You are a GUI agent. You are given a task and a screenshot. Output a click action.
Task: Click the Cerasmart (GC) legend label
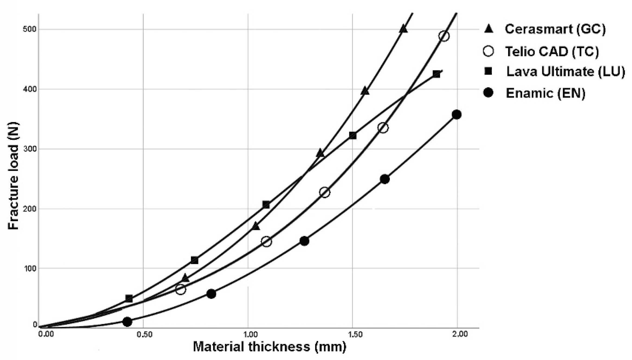pyautogui.click(x=555, y=29)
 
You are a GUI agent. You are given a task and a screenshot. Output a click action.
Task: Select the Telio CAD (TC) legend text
pyautogui.click(x=552, y=51)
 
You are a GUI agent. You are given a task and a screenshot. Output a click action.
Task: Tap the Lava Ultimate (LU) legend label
pyautogui.click(x=566, y=72)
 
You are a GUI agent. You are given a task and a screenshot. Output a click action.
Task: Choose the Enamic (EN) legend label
pyautogui.click(x=546, y=93)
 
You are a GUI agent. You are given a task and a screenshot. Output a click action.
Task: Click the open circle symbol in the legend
pyautogui.click(x=488, y=51)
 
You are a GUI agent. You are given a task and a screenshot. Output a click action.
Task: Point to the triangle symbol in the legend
pyautogui.click(x=489, y=29)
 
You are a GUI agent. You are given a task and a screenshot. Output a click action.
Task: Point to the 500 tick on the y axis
pyautogui.click(x=29, y=29)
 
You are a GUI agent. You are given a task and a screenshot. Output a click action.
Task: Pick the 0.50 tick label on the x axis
pyautogui.click(x=144, y=334)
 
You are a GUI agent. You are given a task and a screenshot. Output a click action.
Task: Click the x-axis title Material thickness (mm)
pyautogui.click(x=270, y=347)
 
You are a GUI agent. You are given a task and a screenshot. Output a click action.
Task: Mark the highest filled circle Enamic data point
pyautogui.click(x=457, y=114)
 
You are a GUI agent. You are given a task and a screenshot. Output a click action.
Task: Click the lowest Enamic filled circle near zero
pyautogui.click(x=127, y=322)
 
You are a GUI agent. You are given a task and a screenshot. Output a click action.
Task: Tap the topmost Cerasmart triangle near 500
pyautogui.click(x=403, y=29)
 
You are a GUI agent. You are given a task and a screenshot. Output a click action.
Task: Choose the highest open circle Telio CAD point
pyautogui.click(x=444, y=36)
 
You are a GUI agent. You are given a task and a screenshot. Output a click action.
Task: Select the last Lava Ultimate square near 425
pyautogui.click(x=436, y=74)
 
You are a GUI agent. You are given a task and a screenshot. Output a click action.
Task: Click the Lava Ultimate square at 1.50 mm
pyautogui.click(x=352, y=135)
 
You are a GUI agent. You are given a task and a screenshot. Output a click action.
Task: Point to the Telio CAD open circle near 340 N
pyautogui.click(x=383, y=128)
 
